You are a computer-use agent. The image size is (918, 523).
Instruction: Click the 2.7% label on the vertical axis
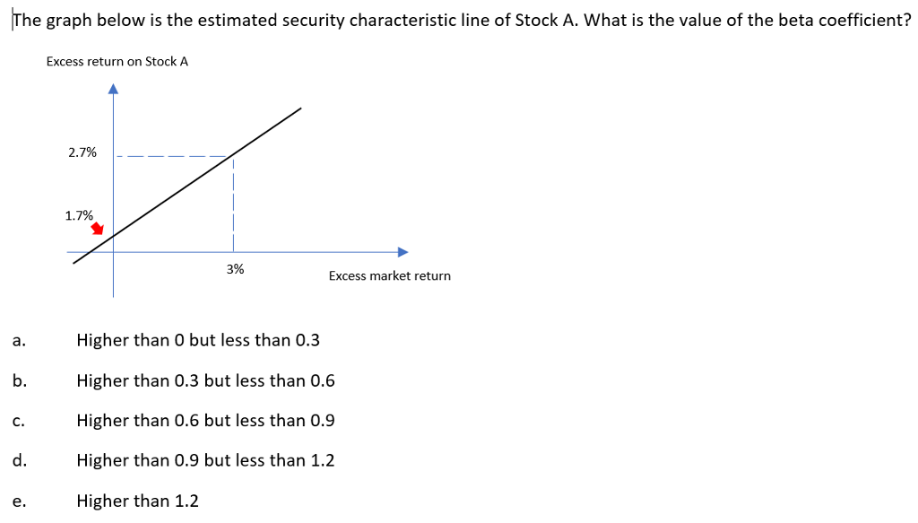pyautogui.click(x=82, y=153)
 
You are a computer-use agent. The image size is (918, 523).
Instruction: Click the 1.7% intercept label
pyautogui.click(x=79, y=215)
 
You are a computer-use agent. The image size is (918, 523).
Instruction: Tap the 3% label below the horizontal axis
pyautogui.click(x=235, y=269)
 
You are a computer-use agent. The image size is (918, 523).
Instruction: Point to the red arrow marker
pyautogui.click(x=98, y=231)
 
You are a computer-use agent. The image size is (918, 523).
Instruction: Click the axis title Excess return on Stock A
pyautogui.click(x=117, y=61)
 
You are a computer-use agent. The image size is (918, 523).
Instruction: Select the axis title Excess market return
pyautogui.click(x=389, y=275)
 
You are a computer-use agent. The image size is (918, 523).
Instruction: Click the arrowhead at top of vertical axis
pyautogui.click(x=113, y=88)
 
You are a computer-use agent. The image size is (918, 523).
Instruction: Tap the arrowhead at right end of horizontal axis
pyautogui.click(x=403, y=251)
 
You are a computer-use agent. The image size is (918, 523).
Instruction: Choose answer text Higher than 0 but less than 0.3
pyautogui.click(x=198, y=340)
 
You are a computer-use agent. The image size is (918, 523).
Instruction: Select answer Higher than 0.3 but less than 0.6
pyautogui.click(x=205, y=380)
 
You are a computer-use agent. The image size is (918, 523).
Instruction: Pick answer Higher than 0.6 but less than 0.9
pyautogui.click(x=205, y=420)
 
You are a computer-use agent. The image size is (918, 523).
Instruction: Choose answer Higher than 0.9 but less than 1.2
pyautogui.click(x=205, y=460)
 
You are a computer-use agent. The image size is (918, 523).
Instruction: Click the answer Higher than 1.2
pyautogui.click(x=137, y=501)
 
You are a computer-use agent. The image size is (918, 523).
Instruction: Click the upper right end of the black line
pyautogui.click(x=300, y=109)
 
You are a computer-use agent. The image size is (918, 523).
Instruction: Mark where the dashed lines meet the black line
pyautogui.click(x=232, y=156)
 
